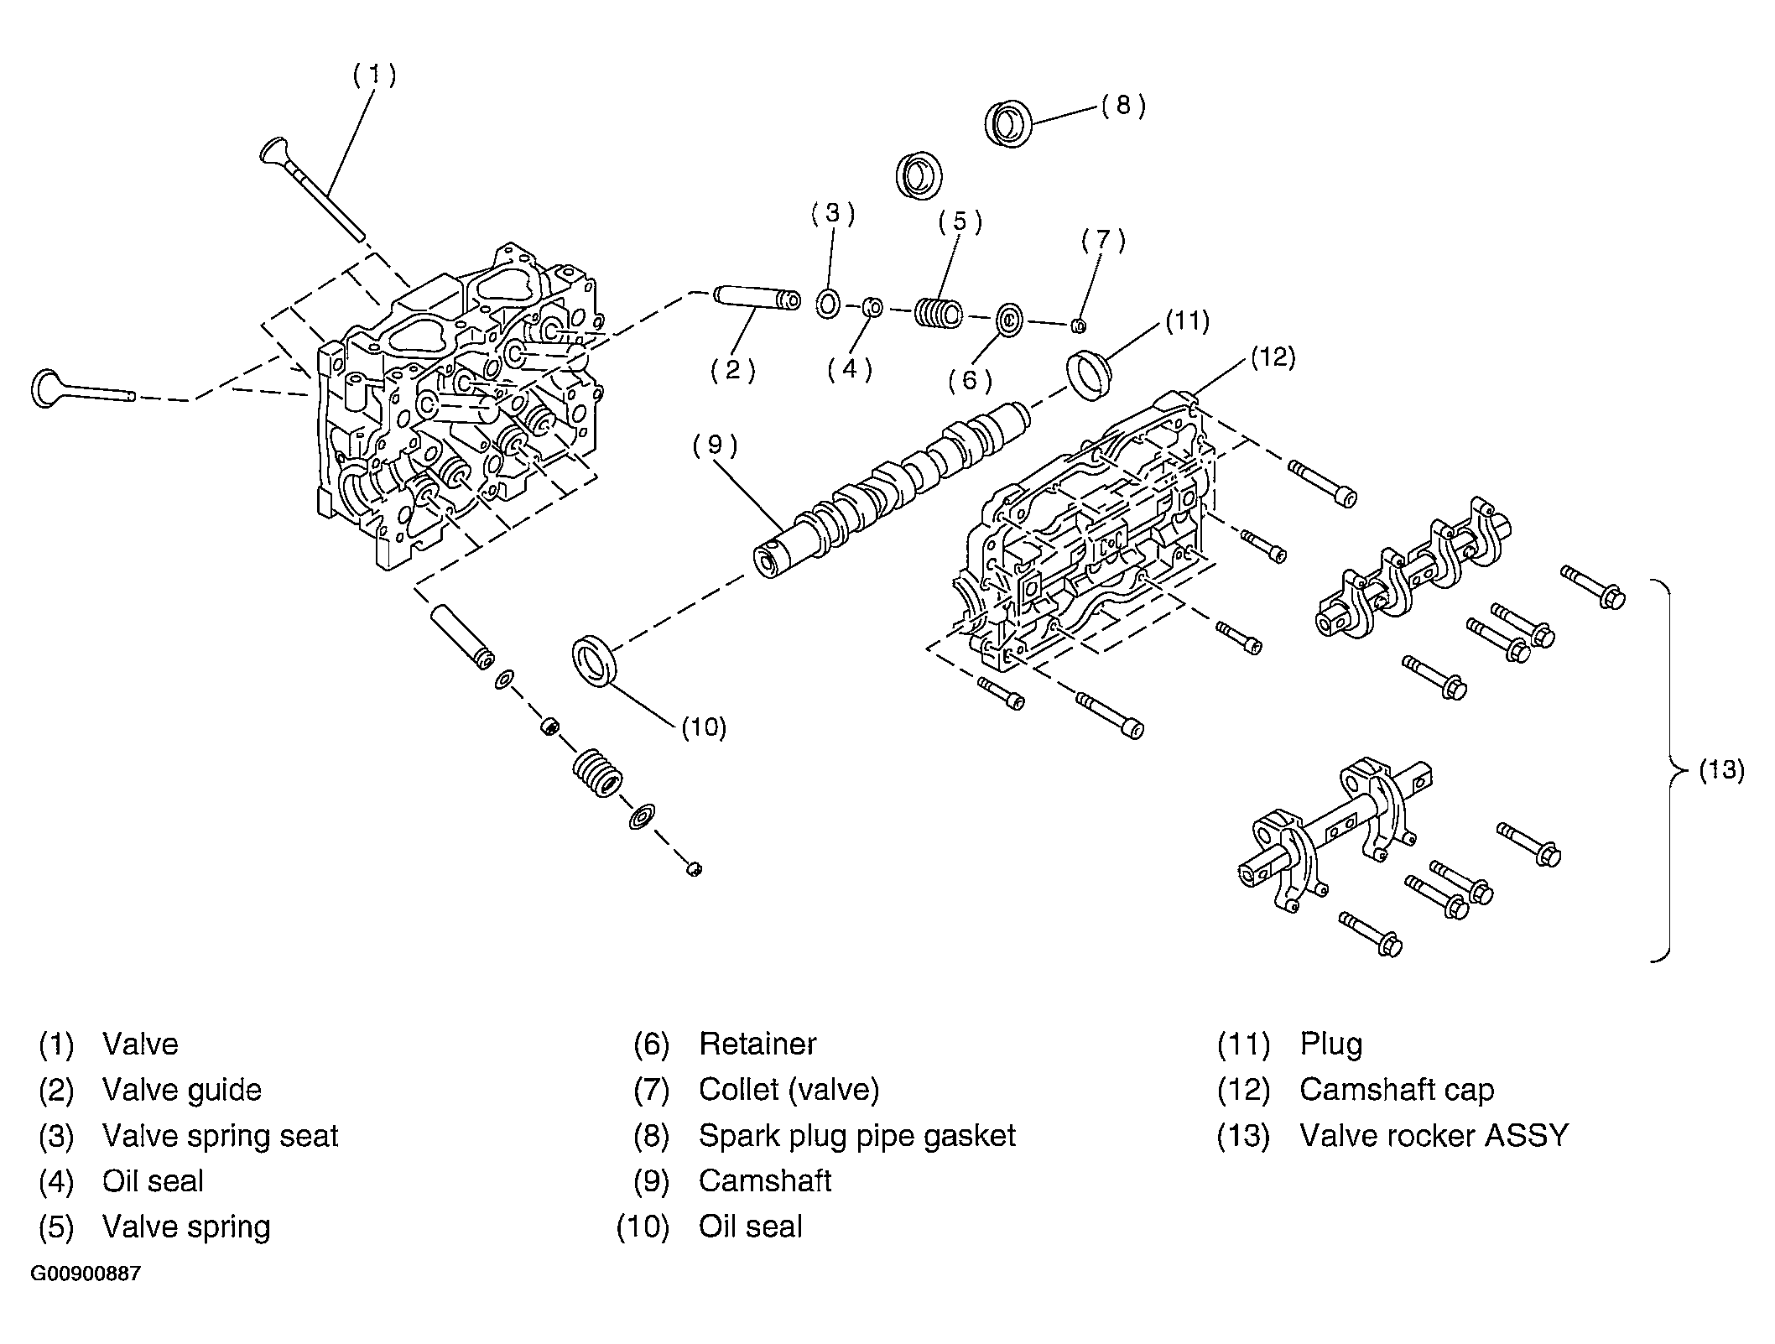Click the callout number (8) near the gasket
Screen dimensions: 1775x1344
click(x=1123, y=106)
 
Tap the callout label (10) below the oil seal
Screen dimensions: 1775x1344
click(x=703, y=727)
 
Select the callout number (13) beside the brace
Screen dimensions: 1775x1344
click(x=1721, y=770)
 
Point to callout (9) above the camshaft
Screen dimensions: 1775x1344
click(x=715, y=445)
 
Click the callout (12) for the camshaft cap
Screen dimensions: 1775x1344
click(x=1273, y=358)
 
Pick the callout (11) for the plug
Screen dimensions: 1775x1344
click(x=1186, y=321)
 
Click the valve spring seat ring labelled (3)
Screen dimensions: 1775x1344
click(x=827, y=303)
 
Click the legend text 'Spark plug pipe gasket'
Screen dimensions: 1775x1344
click(x=856, y=1136)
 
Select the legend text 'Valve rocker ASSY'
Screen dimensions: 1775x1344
click(x=1434, y=1136)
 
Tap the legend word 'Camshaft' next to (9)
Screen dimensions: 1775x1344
click(x=765, y=1181)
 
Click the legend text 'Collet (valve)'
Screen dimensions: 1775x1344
click(x=789, y=1090)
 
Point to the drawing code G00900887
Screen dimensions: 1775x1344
click(x=86, y=1274)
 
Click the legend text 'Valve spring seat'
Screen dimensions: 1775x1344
click(x=220, y=1136)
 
